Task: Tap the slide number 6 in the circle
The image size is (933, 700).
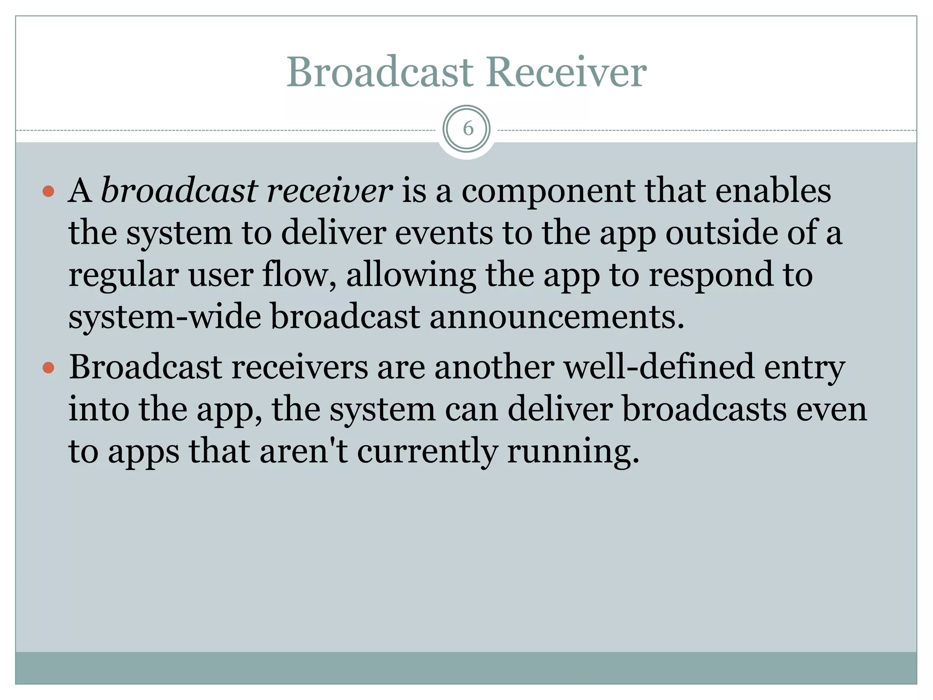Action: pos(467,129)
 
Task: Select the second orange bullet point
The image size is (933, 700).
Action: pos(48,367)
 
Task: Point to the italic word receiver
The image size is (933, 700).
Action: pos(329,190)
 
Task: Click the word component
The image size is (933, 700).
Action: pos(548,190)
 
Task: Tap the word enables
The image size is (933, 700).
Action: pos(773,190)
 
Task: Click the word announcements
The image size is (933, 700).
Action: pos(556,317)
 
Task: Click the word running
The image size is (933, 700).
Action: pos(573,452)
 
